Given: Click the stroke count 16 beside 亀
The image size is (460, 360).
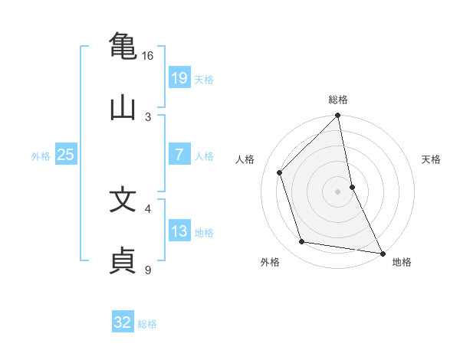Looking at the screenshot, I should (147, 56).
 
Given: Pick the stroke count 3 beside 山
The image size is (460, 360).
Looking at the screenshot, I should (148, 116).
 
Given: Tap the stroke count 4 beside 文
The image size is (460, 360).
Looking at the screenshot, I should (148, 208).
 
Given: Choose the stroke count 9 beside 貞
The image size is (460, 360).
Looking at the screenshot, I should (148, 269).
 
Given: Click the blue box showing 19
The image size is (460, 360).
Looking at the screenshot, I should (179, 77).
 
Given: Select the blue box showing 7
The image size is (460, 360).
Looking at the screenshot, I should (179, 154).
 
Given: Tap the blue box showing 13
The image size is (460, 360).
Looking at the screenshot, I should (179, 231).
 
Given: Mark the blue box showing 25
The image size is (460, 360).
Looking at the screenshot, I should (66, 154).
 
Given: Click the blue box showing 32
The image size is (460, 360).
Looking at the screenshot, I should (123, 322).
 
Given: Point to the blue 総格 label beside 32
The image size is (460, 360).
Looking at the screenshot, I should (147, 324).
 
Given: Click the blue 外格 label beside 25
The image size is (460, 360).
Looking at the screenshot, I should (41, 155).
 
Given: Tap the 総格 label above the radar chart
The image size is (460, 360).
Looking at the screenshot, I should (338, 100).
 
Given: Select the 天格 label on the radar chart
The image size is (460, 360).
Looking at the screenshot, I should (432, 159).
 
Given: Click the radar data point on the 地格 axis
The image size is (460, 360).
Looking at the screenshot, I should (381, 252).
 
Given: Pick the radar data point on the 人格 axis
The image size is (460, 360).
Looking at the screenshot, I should (280, 172).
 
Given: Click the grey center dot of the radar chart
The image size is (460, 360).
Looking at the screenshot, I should (338, 191).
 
